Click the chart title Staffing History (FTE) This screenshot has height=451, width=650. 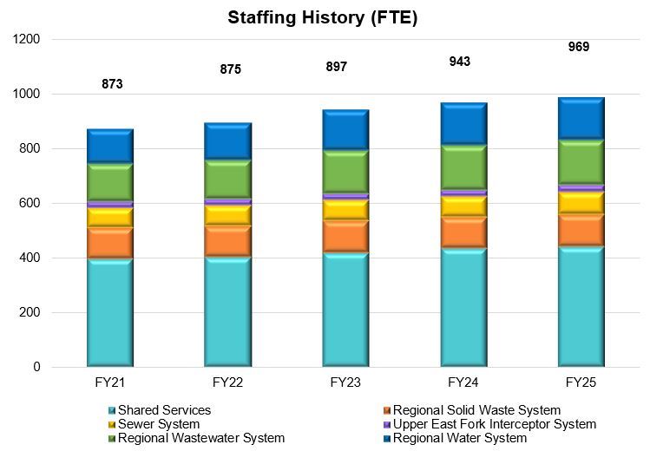[x=323, y=17]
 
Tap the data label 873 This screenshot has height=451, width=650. [x=111, y=84]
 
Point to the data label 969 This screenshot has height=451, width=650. [x=578, y=47]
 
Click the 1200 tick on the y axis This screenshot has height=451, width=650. [x=26, y=40]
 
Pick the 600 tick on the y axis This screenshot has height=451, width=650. [x=30, y=204]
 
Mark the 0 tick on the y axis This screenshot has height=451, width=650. [x=36, y=368]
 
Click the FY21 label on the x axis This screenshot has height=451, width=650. [x=111, y=383]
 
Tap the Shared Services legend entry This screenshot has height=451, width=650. [x=164, y=410]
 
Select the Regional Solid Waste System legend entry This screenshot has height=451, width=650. [x=476, y=410]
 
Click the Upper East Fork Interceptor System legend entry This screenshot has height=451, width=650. [x=494, y=424]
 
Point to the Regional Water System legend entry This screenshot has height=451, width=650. [x=459, y=438]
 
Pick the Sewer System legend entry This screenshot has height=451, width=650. [x=159, y=424]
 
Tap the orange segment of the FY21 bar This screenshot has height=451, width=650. [x=110, y=243]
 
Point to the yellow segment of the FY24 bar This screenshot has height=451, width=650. [x=463, y=206]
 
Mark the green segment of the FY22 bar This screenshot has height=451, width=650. [x=227, y=179]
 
